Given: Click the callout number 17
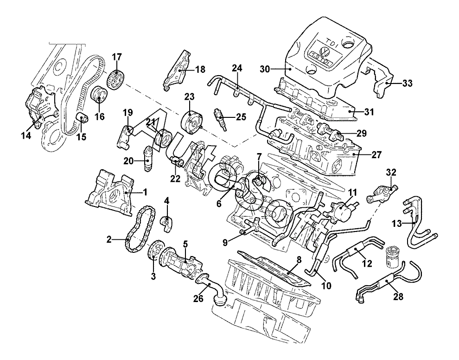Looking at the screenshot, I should point(116,58).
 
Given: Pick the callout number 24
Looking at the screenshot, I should point(237,68).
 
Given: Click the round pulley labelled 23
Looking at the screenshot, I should point(191,122).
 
